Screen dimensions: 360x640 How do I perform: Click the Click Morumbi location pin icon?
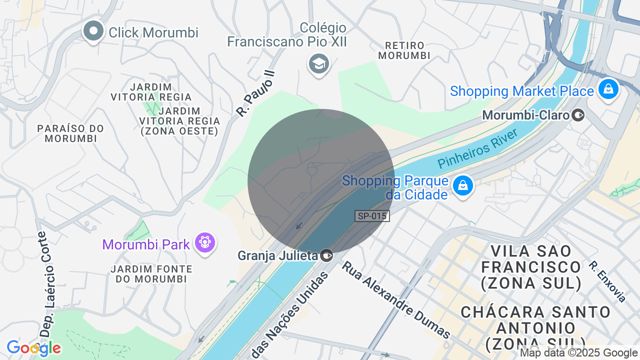point(93,31)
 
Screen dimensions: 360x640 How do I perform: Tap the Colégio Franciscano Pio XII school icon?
point(318,64)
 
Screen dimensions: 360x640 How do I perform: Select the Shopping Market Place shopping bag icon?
point(608,89)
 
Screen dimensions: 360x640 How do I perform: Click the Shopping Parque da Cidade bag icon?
point(462,186)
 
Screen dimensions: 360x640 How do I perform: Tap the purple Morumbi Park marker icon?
point(205,243)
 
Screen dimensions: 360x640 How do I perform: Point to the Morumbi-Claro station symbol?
point(578,115)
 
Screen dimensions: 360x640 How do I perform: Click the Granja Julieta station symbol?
point(326,255)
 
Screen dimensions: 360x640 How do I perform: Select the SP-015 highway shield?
point(372,216)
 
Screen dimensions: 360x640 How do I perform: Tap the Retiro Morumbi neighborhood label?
point(404,50)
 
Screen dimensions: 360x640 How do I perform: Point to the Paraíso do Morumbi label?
point(70,133)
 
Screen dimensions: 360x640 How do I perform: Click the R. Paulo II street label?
point(255,92)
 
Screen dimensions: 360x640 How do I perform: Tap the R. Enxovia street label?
point(607,281)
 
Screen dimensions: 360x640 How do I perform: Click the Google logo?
point(33,348)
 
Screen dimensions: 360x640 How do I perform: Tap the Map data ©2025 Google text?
point(578,353)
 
